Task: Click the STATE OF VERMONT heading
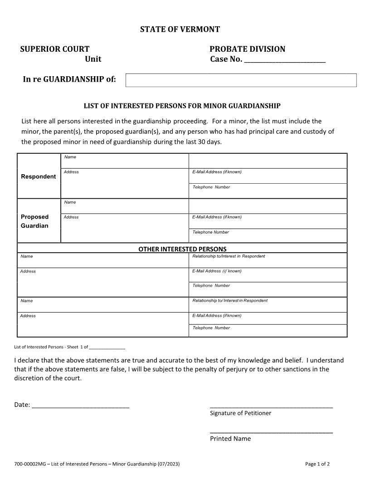[x=180, y=29]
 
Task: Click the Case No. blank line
[x=285, y=60]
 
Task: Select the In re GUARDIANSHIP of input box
[x=241, y=80]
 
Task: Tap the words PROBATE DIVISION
[x=247, y=49]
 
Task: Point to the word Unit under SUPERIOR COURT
[x=93, y=59]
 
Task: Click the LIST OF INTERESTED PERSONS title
[x=182, y=106]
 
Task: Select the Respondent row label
[x=39, y=176]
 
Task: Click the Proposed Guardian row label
[x=35, y=221]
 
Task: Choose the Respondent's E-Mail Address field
[x=268, y=176]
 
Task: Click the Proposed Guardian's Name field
[x=125, y=206]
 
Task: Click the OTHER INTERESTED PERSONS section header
[x=182, y=249]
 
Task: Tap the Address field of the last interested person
[x=103, y=325]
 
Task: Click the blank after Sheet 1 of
[x=107, y=347]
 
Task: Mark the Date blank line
[x=81, y=405]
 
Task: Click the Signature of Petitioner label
[x=240, y=413]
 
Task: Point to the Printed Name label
[x=230, y=439]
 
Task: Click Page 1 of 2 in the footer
[x=317, y=464]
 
